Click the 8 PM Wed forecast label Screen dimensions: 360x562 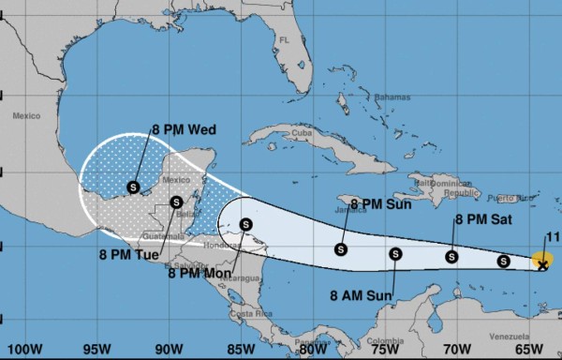[184, 130]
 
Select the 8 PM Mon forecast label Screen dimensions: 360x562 [200, 273]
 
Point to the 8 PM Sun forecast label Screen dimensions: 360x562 [381, 202]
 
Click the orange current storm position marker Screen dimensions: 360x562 [542, 262]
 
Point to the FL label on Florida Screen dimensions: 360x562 [283, 40]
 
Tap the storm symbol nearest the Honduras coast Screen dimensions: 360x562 [245, 224]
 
